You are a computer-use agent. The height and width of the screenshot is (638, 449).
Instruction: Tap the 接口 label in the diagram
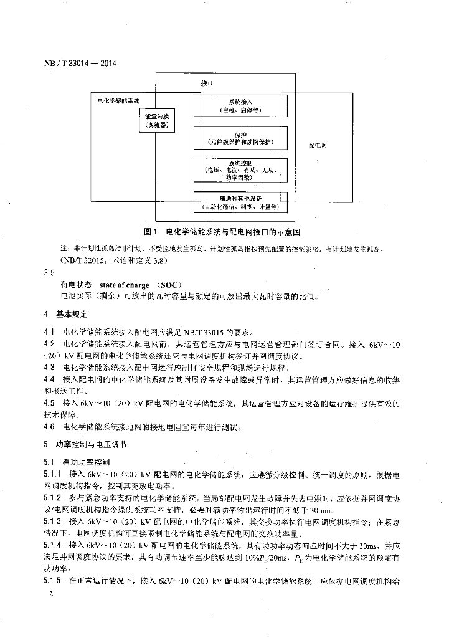pyautogui.click(x=207, y=82)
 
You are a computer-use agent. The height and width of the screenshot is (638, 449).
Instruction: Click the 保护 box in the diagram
pyautogui.click(x=240, y=138)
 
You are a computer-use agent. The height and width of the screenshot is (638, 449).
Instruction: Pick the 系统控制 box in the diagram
pyautogui.click(x=240, y=169)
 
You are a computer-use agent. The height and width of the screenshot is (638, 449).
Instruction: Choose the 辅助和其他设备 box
pyautogui.click(x=240, y=202)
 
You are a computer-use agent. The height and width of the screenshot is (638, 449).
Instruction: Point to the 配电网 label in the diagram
pyautogui.click(x=318, y=145)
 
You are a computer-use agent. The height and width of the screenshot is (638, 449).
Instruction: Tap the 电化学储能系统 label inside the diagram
pyautogui.click(x=118, y=100)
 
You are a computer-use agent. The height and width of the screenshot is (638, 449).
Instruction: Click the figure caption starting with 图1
pyautogui.click(x=222, y=231)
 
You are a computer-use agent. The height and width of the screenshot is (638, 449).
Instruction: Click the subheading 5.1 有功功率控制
pyautogui.click(x=77, y=462)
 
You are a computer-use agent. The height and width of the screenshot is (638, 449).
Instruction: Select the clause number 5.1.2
pyautogui.click(x=53, y=498)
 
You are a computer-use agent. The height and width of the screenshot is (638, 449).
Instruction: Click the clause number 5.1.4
pyautogui.click(x=53, y=543)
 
